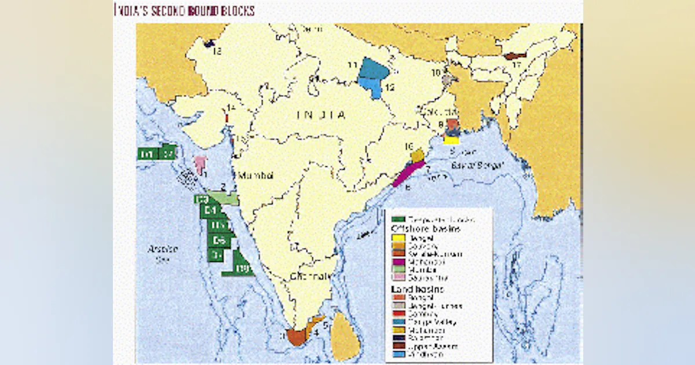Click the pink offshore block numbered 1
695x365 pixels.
pyautogui.click(x=200, y=163)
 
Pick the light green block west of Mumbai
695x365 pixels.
pyautogui.click(x=224, y=199)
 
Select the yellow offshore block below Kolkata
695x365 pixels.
pyautogui.click(x=451, y=139)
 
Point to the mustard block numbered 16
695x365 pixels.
pyautogui.click(x=416, y=155)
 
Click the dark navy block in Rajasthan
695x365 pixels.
pyautogui.click(x=210, y=43)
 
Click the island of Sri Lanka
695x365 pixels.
pyautogui.click(x=346, y=342)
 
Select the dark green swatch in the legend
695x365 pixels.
pyautogui.click(x=398, y=219)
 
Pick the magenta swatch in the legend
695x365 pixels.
pyautogui.click(x=398, y=261)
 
